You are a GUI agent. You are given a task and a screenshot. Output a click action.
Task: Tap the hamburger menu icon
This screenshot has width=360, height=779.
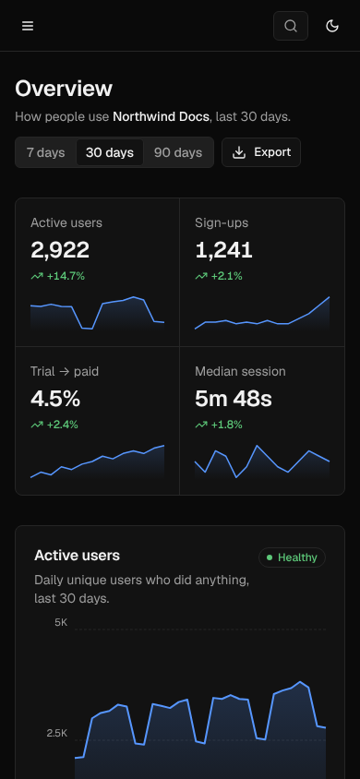coord(28,26)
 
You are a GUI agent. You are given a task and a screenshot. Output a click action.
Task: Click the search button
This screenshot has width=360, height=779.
coord(291,26)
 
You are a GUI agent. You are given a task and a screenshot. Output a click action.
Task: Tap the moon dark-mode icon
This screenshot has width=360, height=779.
coord(332,26)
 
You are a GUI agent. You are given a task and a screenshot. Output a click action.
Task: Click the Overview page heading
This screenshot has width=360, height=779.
coord(64,89)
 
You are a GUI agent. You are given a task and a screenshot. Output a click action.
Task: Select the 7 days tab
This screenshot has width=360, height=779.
coord(45,152)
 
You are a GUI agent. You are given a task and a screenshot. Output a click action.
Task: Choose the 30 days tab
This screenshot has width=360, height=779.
coord(110,152)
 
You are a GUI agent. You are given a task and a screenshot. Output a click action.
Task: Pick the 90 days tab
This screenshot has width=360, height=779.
coord(178,152)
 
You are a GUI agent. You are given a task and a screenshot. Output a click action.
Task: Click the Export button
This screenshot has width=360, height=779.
coord(261,152)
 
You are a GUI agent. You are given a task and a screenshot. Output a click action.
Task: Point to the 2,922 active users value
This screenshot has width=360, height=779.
coord(60,250)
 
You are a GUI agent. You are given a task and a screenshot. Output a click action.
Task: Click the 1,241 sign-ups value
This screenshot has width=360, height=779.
coord(224,250)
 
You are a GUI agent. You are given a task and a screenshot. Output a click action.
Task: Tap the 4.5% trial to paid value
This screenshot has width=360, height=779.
coord(55,399)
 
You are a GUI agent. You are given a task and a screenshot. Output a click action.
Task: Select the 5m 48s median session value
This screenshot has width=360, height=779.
coord(234,399)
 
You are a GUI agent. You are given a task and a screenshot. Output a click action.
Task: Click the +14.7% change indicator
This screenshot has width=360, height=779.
coord(57,276)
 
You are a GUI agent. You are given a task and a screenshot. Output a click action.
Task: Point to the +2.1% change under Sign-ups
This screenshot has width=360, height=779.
coord(219,276)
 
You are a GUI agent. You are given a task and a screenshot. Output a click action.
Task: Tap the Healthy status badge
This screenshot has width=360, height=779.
coord(292,557)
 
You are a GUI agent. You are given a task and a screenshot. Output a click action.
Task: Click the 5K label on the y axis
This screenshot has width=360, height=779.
coord(61,622)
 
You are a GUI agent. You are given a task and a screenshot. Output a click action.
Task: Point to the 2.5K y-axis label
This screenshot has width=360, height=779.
coord(57,733)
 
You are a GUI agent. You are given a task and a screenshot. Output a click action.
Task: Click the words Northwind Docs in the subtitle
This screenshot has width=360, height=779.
coord(161,116)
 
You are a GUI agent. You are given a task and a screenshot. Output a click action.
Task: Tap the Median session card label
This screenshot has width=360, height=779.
coord(240,371)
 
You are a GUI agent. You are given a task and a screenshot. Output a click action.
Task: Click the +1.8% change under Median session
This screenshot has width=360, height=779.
coord(219,425)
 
